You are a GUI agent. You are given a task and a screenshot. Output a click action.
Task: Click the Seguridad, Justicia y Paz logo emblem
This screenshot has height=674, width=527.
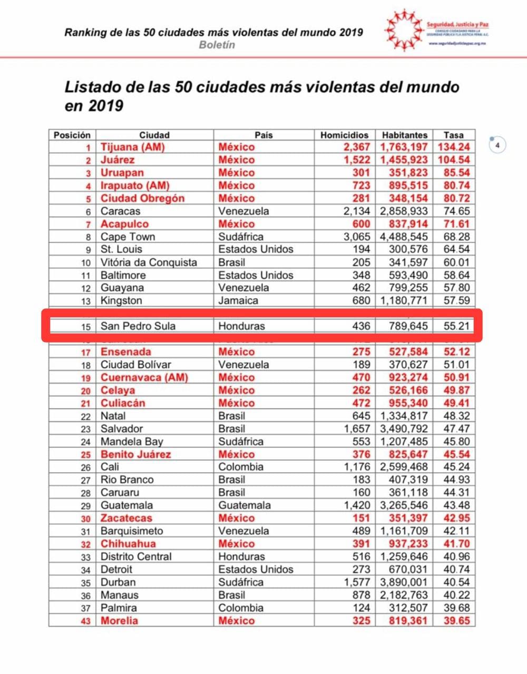tap(404, 30)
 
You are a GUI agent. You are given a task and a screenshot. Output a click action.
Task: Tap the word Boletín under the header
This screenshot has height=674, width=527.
tap(217, 45)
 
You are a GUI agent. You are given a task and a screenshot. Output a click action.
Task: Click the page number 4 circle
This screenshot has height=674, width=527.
tap(497, 144)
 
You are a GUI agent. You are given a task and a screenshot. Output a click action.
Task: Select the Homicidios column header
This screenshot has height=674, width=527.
tap(344, 135)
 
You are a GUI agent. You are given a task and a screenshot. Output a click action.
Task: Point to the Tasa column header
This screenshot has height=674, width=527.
tap(453, 135)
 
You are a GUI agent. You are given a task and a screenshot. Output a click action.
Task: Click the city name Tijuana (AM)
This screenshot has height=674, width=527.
tap(132, 148)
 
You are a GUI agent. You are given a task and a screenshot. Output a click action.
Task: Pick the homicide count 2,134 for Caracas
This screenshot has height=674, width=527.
tap(357, 211)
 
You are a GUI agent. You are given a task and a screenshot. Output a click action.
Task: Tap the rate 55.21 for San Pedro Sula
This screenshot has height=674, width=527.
tap(456, 326)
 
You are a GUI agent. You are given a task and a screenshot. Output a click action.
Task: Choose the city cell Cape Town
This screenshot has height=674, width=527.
tap(128, 237)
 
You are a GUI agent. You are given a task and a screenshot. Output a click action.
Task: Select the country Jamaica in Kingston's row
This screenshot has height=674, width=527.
tap(238, 301)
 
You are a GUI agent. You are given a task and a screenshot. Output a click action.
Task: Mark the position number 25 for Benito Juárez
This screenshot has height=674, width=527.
tap(85, 455)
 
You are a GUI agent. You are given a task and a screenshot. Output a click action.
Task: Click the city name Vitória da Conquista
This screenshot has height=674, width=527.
tap(149, 262)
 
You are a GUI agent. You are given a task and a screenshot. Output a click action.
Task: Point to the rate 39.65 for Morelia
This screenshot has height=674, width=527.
tap(456, 621)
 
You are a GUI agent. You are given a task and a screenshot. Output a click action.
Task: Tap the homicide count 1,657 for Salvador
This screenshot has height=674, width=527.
tap(357, 429)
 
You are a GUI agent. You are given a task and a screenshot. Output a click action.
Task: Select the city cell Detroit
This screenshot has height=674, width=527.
tap(116, 570)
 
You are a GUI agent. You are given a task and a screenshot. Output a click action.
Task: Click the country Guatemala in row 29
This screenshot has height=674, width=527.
tap(245, 505)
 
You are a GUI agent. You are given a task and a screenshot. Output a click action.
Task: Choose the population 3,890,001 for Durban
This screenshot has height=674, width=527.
tap(404, 582)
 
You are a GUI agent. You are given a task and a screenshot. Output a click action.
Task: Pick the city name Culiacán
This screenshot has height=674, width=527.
tap(123, 403)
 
